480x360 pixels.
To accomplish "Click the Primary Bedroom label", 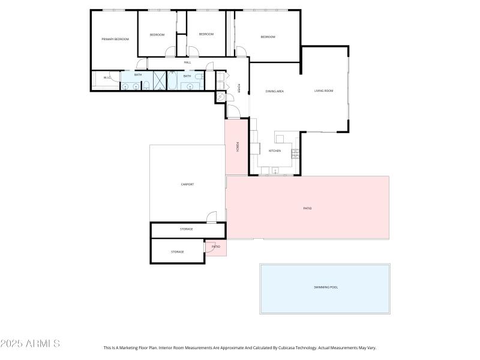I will click(x=115, y=39).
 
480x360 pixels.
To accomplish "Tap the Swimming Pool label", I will click(x=326, y=287).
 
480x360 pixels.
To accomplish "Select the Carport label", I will click(x=187, y=184).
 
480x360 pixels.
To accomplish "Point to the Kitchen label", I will click(x=275, y=151).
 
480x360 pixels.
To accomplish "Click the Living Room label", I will click(x=323, y=91).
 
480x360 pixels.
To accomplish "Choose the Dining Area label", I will click(x=274, y=91).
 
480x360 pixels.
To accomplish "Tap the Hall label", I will click(x=187, y=62).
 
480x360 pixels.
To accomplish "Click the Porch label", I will click(x=238, y=146).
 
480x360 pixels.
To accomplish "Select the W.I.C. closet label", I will click(x=107, y=77).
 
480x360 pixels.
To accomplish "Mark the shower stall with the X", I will click(x=160, y=80).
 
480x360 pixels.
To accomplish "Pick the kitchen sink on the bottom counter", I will click(x=275, y=171).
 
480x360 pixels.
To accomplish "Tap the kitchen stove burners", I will click(x=295, y=154).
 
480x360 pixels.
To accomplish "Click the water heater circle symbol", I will click(x=220, y=96).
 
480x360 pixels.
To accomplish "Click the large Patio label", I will click(x=307, y=208).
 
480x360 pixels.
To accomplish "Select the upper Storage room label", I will click(x=186, y=229).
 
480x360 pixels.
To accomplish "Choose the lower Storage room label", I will click(x=177, y=251).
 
